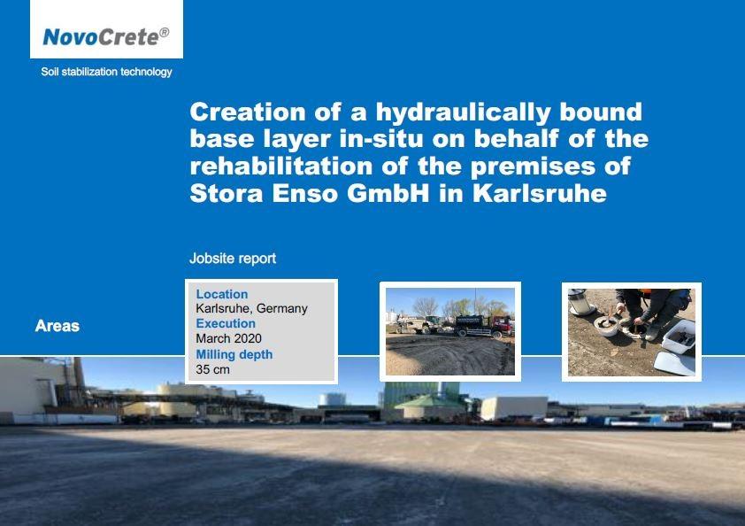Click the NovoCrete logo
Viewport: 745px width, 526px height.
[x=106, y=36]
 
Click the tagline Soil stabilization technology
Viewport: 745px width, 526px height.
[x=106, y=72]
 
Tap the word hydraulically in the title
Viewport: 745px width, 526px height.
[x=463, y=112]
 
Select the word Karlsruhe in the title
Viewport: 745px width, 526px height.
[x=539, y=193]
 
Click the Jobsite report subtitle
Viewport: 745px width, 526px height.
[x=233, y=259]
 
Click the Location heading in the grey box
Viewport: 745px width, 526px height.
[x=222, y=294]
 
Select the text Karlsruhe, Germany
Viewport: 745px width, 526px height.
[x=252, y=309]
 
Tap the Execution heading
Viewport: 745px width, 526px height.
[x=226, y=323]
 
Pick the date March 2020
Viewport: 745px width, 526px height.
[x=228, y=338]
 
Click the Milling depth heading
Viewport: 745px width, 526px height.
[x=234, y=354]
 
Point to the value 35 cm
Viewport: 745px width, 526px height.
[x=212, y=369]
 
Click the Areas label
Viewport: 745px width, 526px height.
[x=57, y=326]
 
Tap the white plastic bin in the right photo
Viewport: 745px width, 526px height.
[x=679, y=336]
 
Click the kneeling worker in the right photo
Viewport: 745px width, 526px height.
[x=653, y=312]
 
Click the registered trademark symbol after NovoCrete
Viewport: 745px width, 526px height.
[x=164, y=33]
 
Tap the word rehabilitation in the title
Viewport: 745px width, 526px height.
[x=281, y=166]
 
